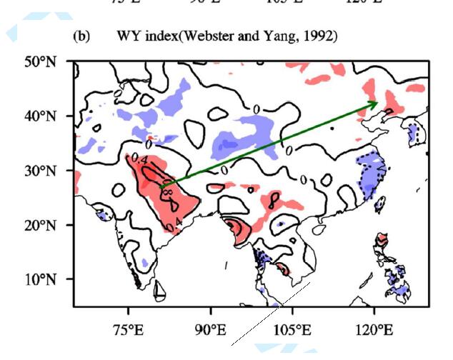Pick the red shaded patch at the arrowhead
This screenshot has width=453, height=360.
[x=384, y=96]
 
